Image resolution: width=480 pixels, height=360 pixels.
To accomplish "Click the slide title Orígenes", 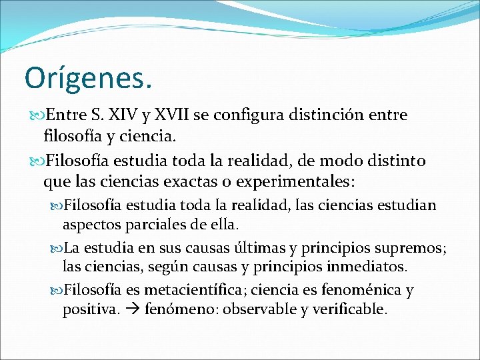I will point(88,77).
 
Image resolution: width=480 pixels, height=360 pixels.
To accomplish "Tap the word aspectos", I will point(91,225).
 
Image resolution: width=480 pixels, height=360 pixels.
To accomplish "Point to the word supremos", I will point(412,248).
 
